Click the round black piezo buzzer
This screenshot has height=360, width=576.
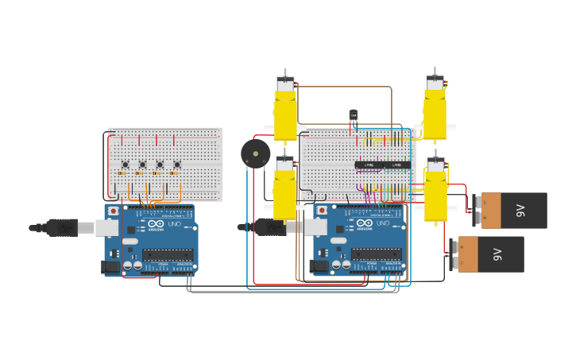pyautogui.click(x=256, y=153)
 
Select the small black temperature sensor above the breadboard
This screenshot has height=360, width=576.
pyautogui.click(x=354, y=115)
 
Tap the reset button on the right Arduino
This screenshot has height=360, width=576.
pyautogui.click(x=322, y=211)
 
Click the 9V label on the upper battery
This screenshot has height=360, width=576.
pyautogui.click(x=521, y=211)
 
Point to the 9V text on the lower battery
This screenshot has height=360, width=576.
pyautogui.click(x=498, y=254)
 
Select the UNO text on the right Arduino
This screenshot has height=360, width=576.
pyautogui.click(x=383, y=224)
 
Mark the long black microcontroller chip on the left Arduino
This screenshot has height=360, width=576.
pyautogui.click(x=167, y=255)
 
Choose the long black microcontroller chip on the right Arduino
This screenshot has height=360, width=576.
pyautogui.click(x=376, y=255)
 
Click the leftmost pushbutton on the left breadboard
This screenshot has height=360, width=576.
pyautogui.click(x=125, y=165)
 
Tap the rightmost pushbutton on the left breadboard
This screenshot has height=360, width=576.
pyautogui.click(x=176, y=165)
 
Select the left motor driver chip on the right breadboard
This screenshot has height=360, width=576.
pyautogui.click(x=369, y=165)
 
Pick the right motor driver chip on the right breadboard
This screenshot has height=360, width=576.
pyautogui.click(x=397, y=165)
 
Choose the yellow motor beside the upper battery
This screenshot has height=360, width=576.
pyautogui.click(x=435, y=192)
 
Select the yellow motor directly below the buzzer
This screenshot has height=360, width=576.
pyautogui.click(x=284, y=191)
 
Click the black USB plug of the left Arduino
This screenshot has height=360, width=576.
pyautogui.click(x=62, y=228)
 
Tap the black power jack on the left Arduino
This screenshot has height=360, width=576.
pyautogui.click(x=111, y=267)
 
